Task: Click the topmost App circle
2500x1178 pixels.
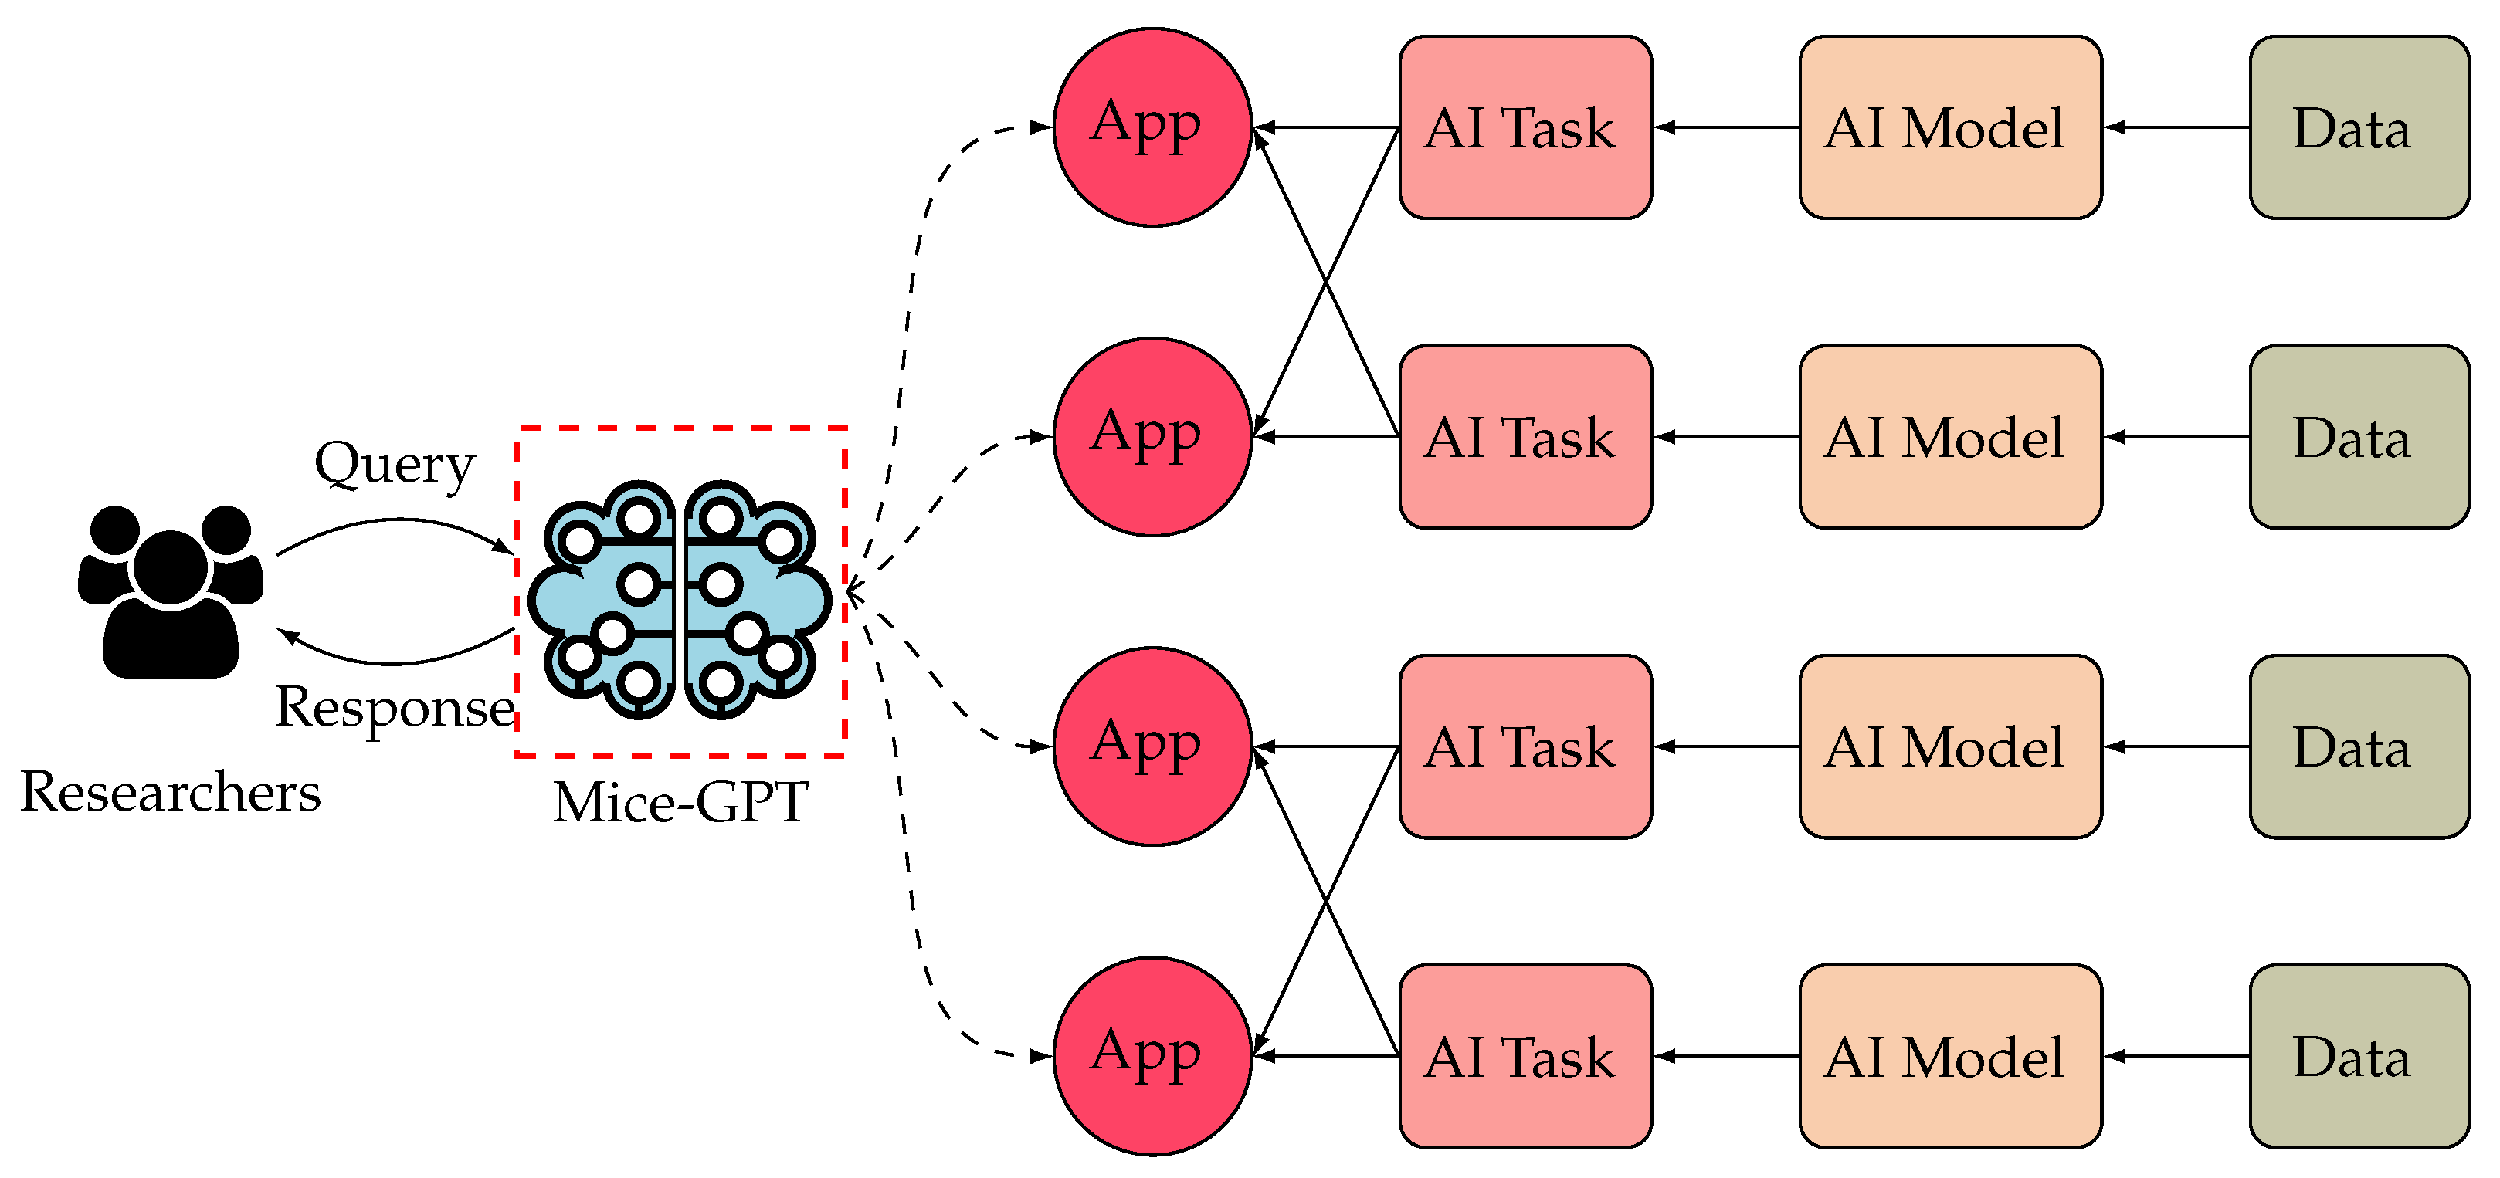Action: (1152, 127)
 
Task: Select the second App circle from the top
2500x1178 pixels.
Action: (1152, 437)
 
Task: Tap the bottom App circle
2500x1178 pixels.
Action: (1152, 1056)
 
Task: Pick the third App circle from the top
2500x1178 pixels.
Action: (1152, 746)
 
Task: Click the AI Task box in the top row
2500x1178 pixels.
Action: (1525, 127)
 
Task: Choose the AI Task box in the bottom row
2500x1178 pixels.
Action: (1525, 1056)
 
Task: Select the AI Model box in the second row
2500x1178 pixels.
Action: (1950, 437)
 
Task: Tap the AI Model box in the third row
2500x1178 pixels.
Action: (1950, 746)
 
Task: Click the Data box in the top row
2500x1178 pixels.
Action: (2359, 127)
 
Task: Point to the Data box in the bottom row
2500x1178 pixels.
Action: (2359, 1056)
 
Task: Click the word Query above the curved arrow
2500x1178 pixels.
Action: (394, 465)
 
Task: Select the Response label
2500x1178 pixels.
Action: (394, 706)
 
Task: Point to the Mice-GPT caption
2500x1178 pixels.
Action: (680, 803)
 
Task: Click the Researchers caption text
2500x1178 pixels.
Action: (171, 792)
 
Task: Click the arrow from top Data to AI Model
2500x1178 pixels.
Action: (2175, 127)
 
